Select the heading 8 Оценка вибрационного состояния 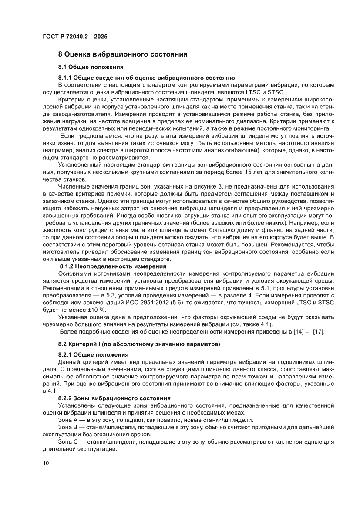[123, 54]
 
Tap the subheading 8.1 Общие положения [91, 67]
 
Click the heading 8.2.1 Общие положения [94, 355]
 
